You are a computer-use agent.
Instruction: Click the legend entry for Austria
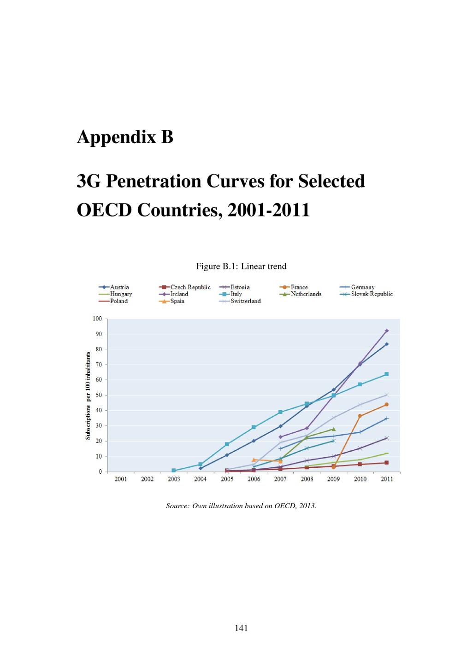[x=114, y=287]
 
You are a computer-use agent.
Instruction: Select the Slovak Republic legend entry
[x=366, y=294]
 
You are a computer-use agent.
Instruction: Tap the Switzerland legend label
[x=246, y=301]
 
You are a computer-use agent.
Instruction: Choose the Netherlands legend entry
[x=301, y=294]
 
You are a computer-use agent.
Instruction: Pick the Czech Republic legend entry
[x=185, y=287]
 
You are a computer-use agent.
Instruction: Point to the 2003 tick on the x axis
[x=174, y=479]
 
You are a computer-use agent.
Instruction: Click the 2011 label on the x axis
[x=387, y=479]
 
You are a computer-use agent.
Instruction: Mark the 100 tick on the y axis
[x=97, y=319]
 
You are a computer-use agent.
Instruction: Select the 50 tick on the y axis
[x=99, y=395]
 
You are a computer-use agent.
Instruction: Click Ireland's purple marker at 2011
[x=387, y=331]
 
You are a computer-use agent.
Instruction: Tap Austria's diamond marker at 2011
[x=387, y=344]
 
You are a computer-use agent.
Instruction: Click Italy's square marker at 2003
[x=174, y=470]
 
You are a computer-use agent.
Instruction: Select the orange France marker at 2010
[x=360, y=416]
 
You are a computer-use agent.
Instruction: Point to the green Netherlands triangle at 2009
[x=333, y=429]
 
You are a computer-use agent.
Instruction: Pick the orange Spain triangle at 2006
[x=254, y=459]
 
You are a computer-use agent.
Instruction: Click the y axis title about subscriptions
[x=88, y=395]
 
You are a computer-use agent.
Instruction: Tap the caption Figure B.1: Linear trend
[x=241, y=266]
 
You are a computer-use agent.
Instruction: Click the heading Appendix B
[x=125, y=137]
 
